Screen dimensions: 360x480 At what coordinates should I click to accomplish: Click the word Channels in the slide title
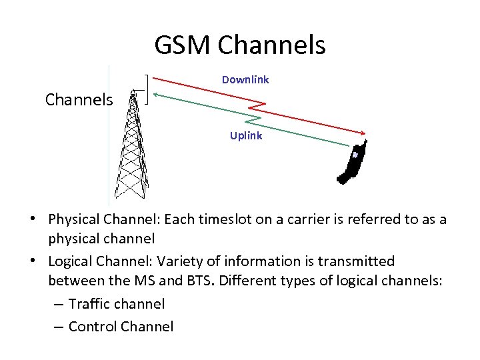click(271, 45)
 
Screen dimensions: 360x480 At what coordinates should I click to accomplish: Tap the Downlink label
click(245, 80)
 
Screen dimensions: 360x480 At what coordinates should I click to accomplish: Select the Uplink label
click(246, 136)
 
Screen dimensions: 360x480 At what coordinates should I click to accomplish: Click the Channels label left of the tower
click(79, 100)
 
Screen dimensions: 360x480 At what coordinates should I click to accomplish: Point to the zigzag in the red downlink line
click(259, 105)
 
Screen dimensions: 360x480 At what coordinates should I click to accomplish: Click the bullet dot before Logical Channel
click(41, 261)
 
